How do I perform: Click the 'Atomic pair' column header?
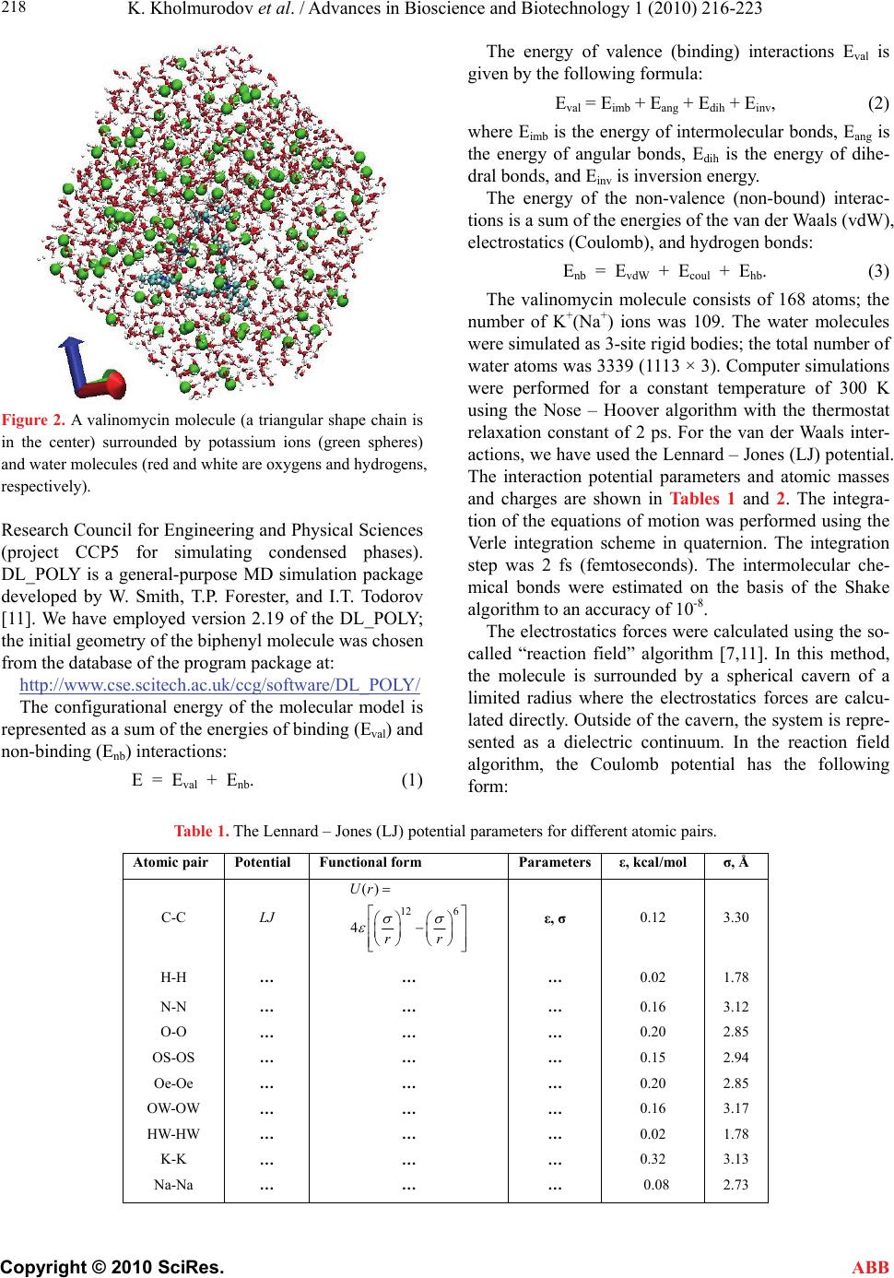[171, 863]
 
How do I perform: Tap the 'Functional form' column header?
[371, 863]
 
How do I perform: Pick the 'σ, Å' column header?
[735, 863]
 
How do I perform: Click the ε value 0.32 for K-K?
[653, 1159]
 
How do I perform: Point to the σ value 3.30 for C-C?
[735, 918]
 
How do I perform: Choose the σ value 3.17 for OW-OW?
[735, 1108]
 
